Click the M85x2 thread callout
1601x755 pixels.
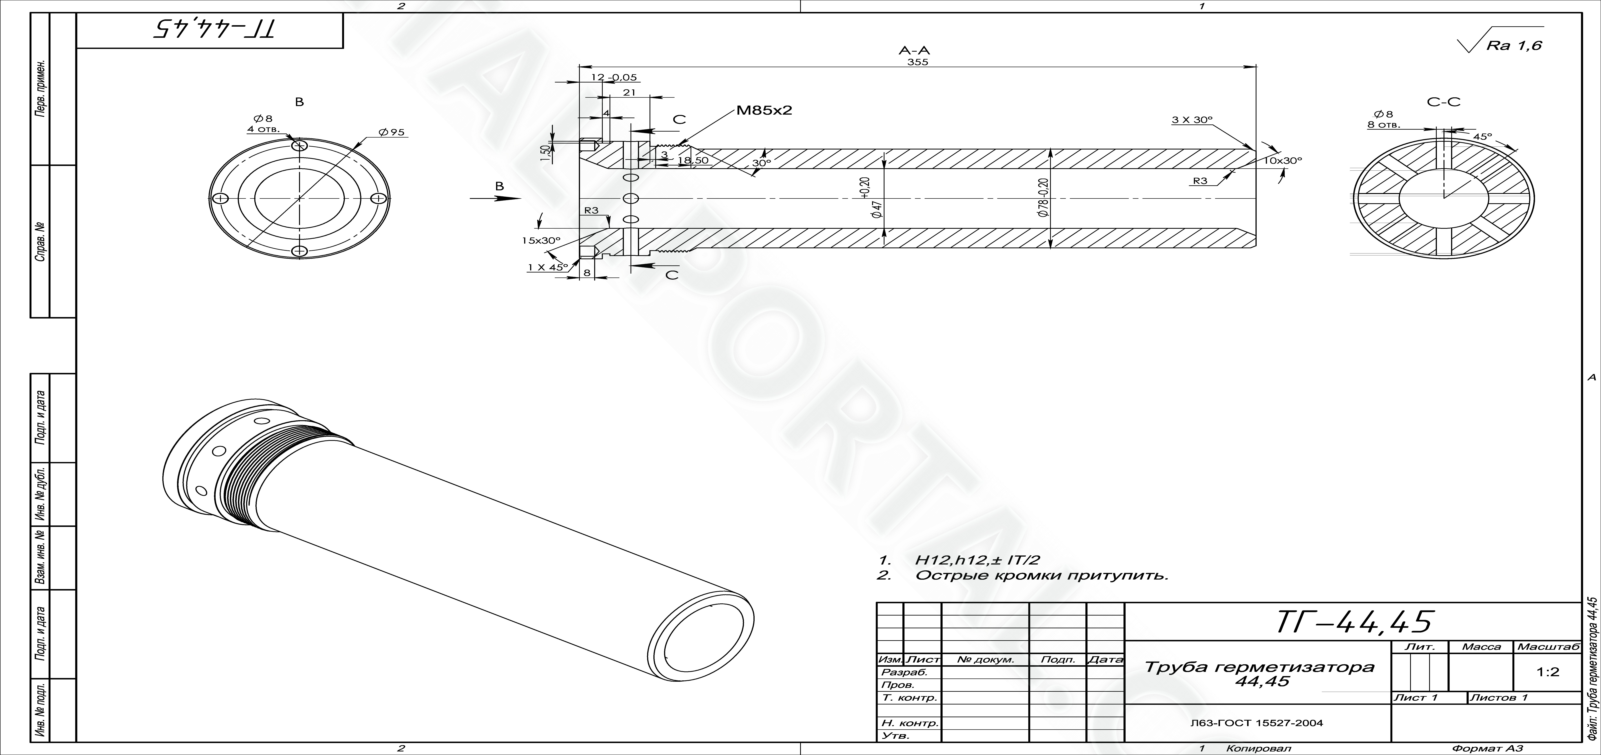(764, 111)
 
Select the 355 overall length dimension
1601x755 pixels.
(917, 62)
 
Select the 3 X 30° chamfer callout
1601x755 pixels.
(1192, 120)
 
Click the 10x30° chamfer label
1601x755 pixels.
(1282, 160)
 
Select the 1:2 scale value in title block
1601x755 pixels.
(1548, 672)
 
